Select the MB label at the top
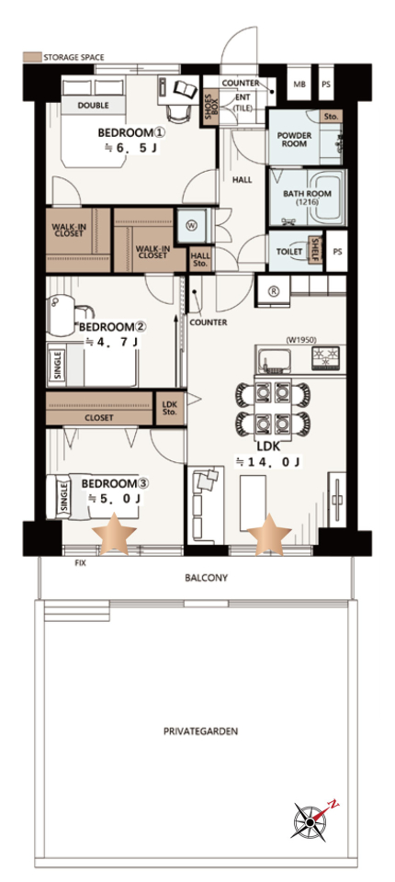click(299, 84)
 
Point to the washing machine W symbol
click(191, 226)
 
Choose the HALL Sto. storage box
click(200, 259)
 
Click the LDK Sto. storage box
click(169, 408)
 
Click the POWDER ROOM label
click(295, 139)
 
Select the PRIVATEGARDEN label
click(201, 732)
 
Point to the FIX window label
click(81, 563)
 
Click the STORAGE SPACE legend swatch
click(31, 57)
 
